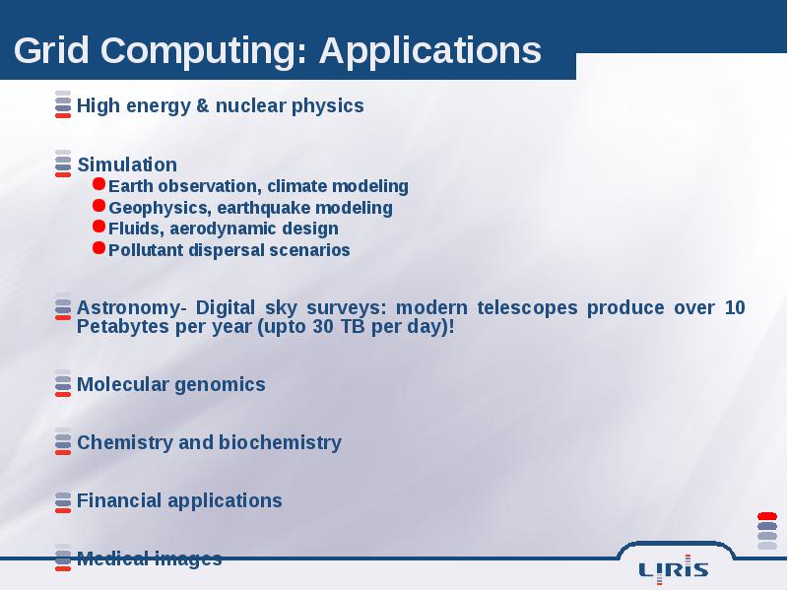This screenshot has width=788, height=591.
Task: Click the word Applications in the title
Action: (430, 51)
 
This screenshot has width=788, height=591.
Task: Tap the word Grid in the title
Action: (51, 50)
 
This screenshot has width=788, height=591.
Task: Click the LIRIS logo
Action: (674, 570)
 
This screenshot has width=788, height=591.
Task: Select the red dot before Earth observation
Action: (99, 184)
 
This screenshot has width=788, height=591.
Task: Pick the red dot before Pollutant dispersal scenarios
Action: (99, 248)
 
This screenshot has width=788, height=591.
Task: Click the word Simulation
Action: (127, 164)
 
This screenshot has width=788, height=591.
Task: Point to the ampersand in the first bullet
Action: (203, 105)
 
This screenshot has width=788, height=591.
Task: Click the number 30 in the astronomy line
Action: (323, 327)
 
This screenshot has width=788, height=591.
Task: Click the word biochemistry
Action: (280, 442)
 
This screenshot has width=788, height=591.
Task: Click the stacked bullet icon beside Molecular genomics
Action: (63, 383)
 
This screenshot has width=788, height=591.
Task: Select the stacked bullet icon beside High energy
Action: (63, 104)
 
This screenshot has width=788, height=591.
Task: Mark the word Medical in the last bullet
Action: (112, 558)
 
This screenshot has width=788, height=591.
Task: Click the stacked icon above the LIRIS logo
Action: (767, 531)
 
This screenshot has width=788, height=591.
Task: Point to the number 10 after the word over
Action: (734, 307)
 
